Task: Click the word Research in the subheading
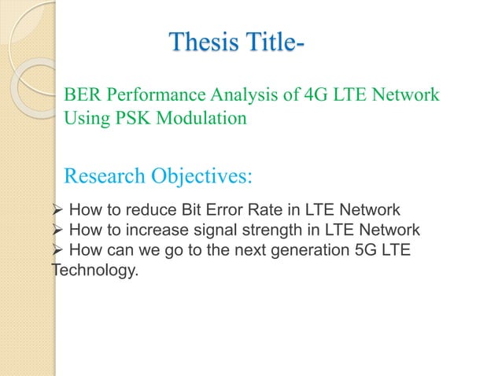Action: coord(103,175)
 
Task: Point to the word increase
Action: coord(153,230)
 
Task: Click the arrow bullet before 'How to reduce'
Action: coord(57,210)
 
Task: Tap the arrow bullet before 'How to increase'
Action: coord(57,230)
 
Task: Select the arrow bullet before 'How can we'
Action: coord(57,251)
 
